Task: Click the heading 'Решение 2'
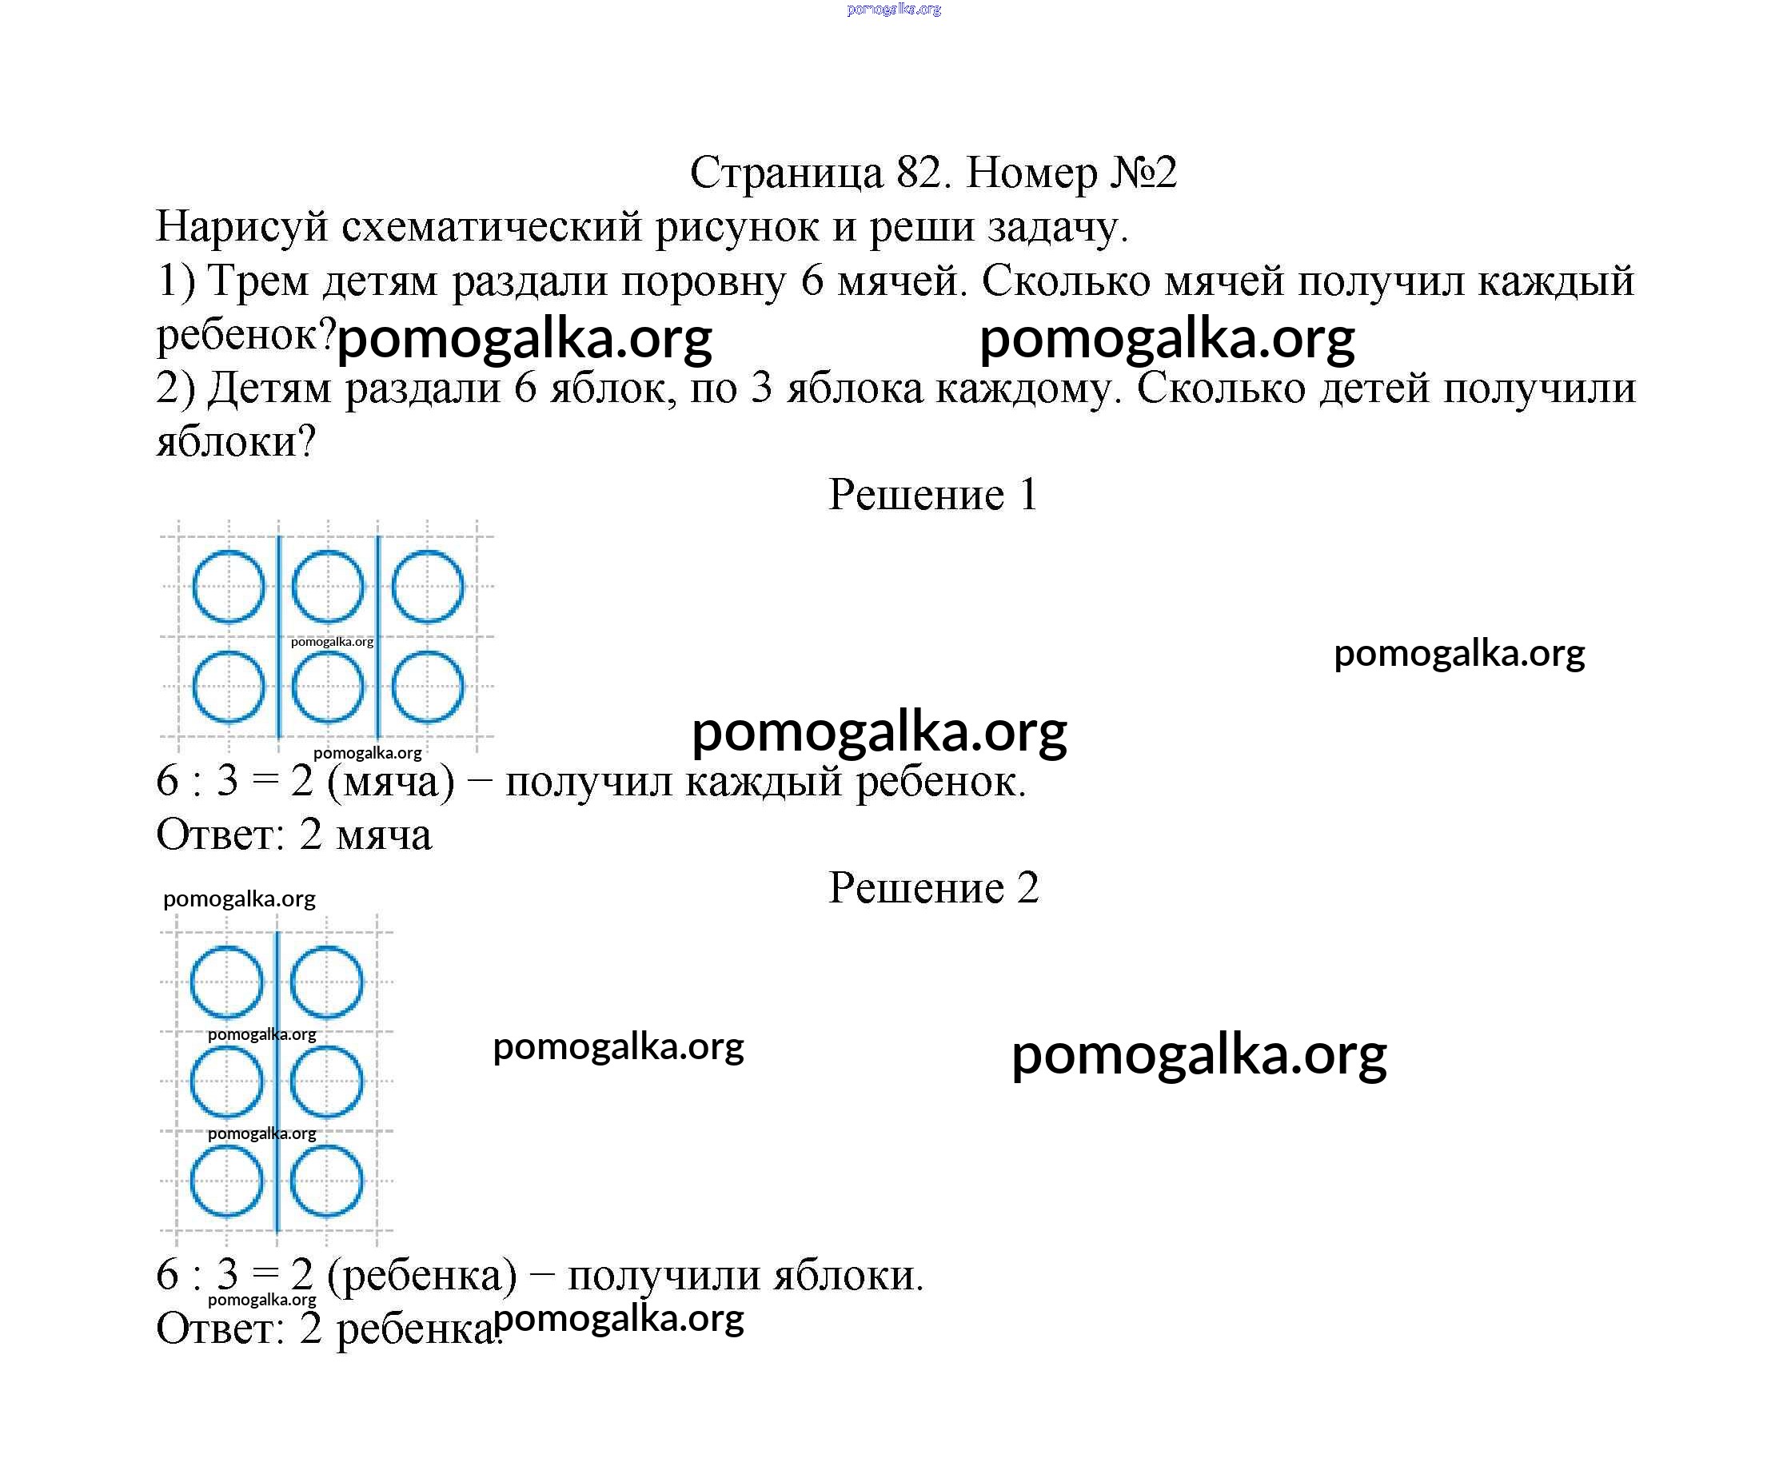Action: click(x=932, y=887)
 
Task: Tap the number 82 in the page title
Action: click(x=917, y=173)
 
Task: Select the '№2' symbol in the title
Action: click(x=1143, y=173)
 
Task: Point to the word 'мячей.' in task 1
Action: click(x=901, y=281)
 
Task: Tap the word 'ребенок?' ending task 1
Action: click(x=246, y=335)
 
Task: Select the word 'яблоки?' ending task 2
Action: click(x=235, y=442)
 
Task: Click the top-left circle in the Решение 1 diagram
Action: click(x=228, y=587)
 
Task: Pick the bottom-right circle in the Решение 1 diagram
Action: click(x=427, y=686)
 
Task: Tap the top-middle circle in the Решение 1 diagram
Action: click(x=328, y=587)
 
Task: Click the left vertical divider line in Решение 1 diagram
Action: click(x=278, y=635)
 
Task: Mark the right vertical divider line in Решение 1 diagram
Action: click(x=377, y=635)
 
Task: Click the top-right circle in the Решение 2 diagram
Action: click(x=326, y=982)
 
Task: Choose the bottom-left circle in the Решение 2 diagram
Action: click(x=227, y=1181)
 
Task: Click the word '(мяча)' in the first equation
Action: click(x=390, y=782)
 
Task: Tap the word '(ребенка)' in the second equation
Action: click(x=421, y=1275)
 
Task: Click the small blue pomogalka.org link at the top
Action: click(x=894, y=10)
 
